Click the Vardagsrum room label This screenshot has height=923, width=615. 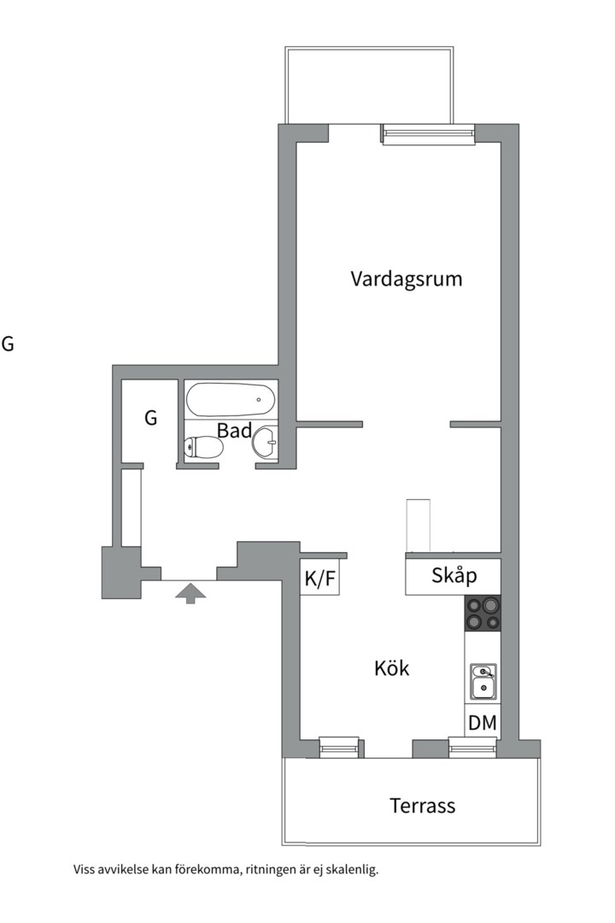(407, 279)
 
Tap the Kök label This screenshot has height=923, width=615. (392, 668)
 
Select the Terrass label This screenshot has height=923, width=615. (423, 805)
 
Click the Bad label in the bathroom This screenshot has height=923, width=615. (233, 431)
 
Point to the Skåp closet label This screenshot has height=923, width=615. (454, 576)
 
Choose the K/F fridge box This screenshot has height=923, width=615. (320, 579)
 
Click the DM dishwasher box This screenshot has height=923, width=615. (483, 722)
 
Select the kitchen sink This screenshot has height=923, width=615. (483, 680)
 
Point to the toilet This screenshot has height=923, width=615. (202, 447)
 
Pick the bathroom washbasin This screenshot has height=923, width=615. (265, 443)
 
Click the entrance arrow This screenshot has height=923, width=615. (190, 591)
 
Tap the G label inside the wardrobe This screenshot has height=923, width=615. (151, 419)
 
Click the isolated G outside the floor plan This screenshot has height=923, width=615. (8, 344)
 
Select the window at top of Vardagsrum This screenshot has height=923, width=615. (428, 134)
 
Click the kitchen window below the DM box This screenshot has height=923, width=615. (472, 748)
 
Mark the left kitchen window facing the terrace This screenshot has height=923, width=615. (339, 748)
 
